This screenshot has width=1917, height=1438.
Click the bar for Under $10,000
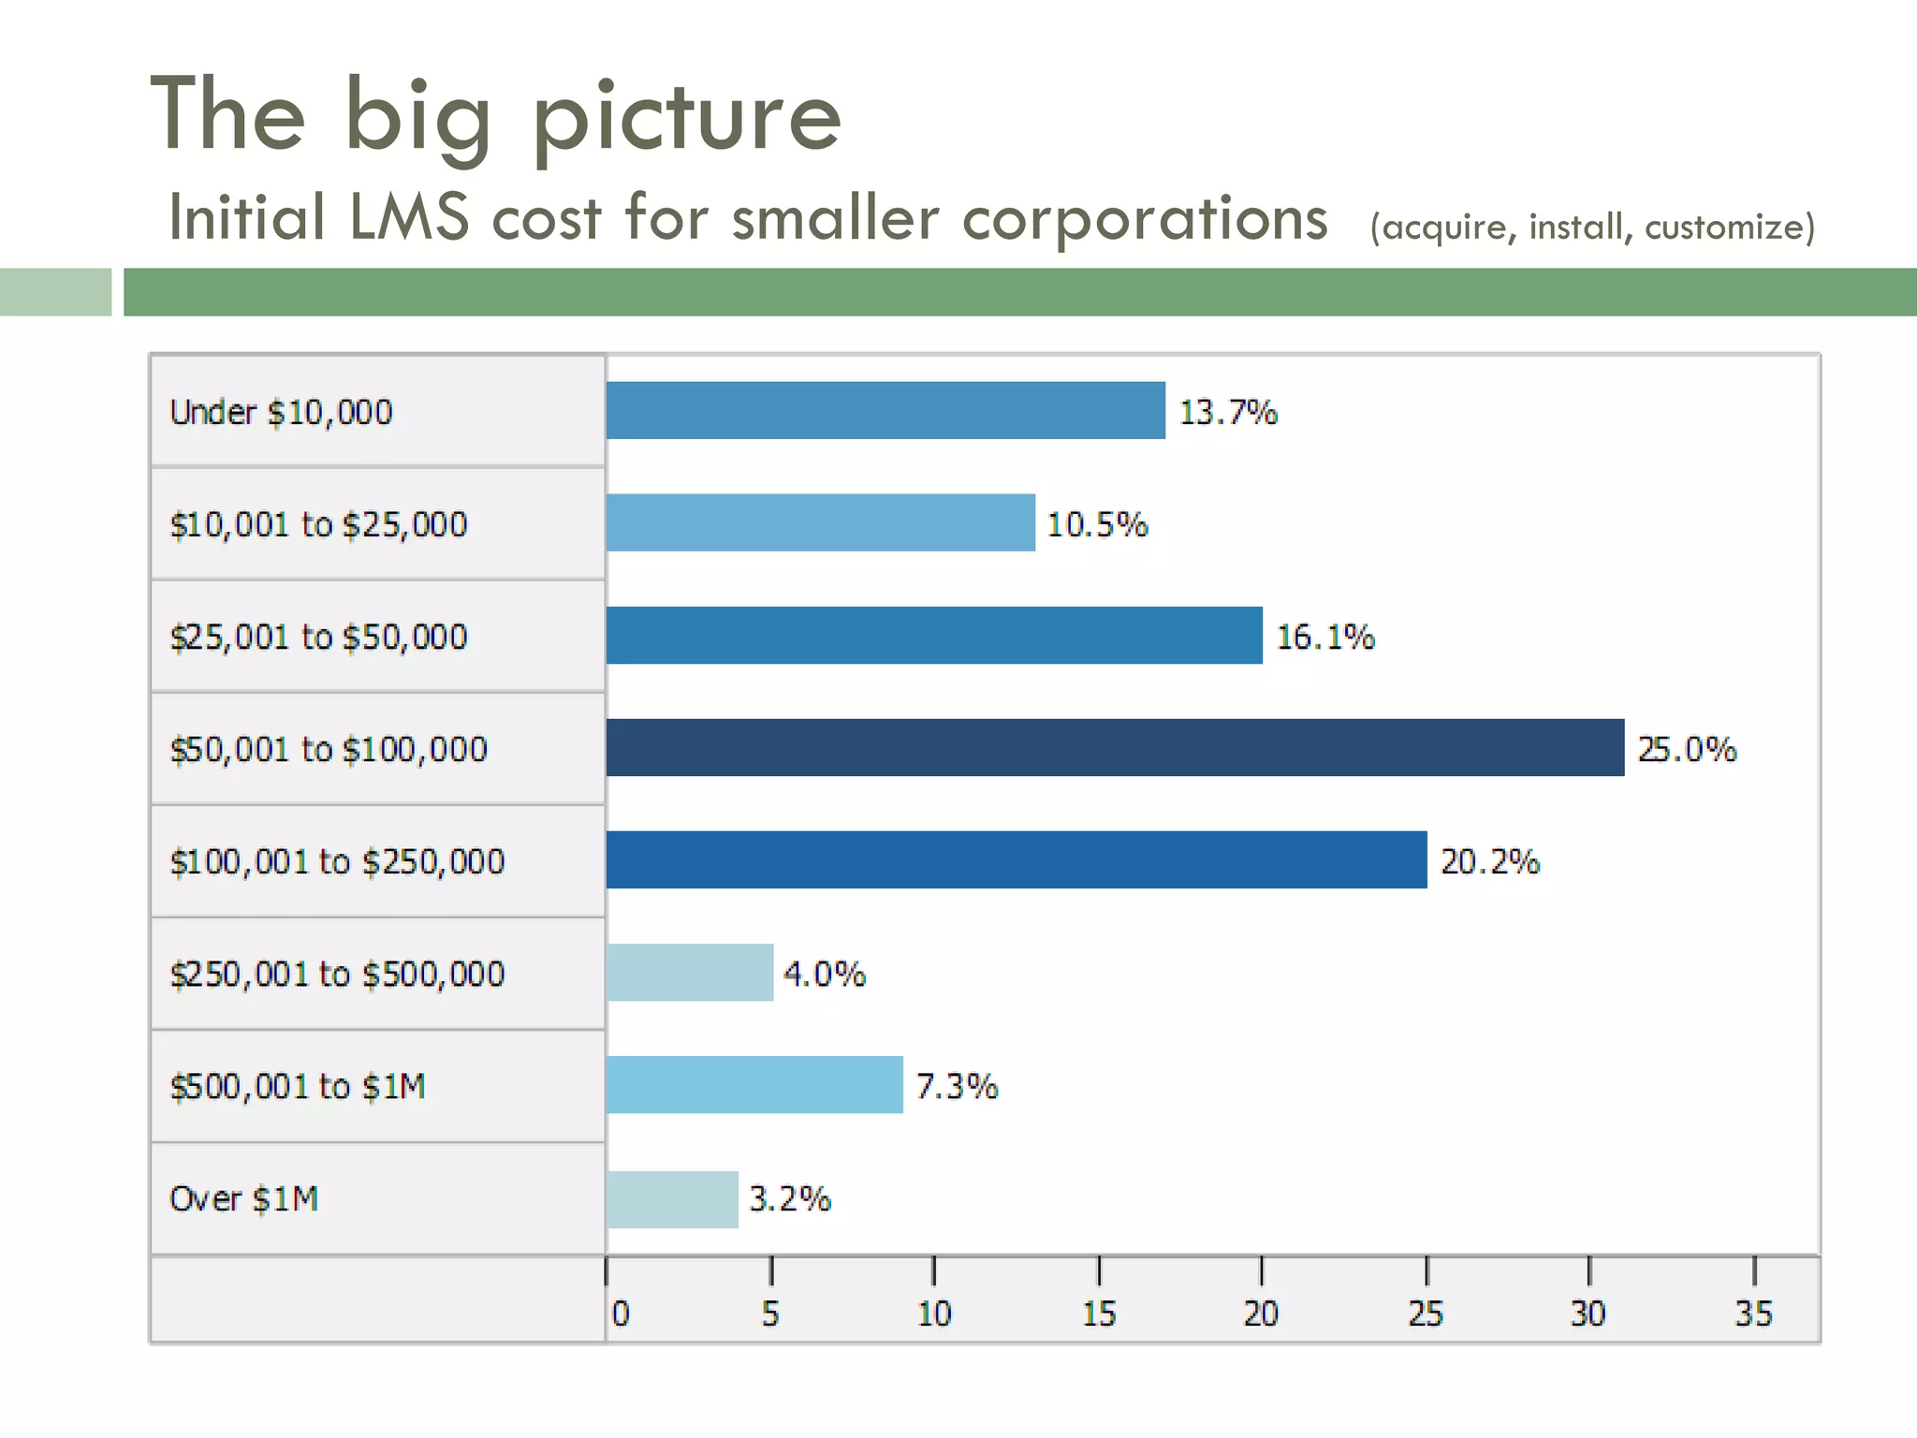pos(885,410)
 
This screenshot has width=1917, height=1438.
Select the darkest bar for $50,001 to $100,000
pos(1114,747)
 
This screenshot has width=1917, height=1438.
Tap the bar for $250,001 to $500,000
pos(689,972)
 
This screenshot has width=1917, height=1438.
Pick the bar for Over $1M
pos(671,1198)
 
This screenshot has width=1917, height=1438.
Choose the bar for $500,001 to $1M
pos(754,1084)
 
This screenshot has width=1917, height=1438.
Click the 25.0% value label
pos(1686,749)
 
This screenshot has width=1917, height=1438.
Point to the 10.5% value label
pos(1096,524)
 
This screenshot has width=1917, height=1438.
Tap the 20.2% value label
pos(1489,861)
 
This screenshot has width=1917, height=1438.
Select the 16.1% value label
pos(1324,637)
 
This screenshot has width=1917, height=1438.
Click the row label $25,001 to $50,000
pos(318,637)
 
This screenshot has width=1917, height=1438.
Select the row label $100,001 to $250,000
pos(337,861)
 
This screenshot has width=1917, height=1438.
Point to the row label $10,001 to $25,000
pos(318,524)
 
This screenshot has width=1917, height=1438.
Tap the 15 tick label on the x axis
pos(1098,1313)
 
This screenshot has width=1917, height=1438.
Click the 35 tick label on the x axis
pos(1752,1313)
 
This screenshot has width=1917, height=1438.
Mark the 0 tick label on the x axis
pos(621,1313)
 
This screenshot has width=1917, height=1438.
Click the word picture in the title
pos(686,117)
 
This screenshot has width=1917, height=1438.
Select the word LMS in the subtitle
pos(408,217)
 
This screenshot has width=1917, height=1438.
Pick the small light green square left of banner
pos(55,292)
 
